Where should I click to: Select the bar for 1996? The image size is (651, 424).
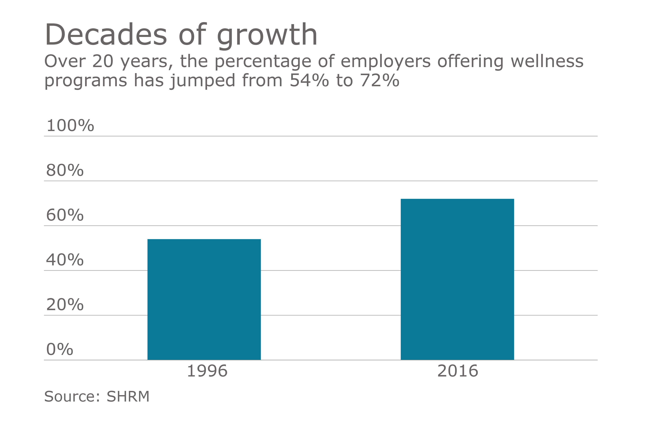click(204, 299)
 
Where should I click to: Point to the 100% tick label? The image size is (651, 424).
click(70, 126)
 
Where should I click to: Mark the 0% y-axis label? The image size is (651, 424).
click(60, 349)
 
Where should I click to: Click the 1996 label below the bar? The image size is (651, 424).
click(207, 371)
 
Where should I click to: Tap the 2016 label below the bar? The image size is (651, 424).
click(458, 371)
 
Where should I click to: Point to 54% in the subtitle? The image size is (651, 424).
click(309, 81)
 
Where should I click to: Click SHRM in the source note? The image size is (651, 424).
click(128, 397)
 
